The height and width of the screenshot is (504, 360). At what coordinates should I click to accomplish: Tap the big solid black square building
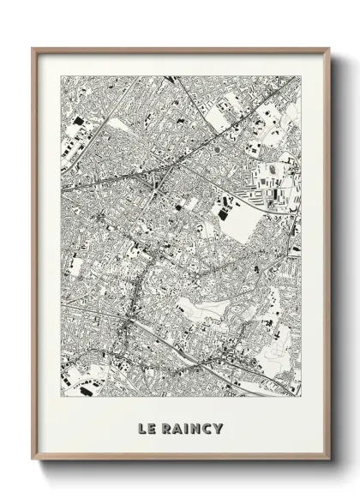click(179, 206)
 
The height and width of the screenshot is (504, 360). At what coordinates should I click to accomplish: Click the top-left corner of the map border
click(60, 74)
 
